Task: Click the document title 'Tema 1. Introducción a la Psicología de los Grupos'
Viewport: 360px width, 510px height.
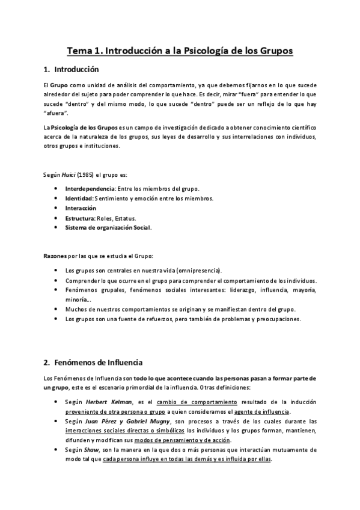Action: coord(180,51)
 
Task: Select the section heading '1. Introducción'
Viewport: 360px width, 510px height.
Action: coord(75,70)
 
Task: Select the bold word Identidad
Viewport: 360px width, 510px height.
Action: coord(79,198)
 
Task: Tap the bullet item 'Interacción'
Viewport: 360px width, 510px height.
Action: coord(81,208)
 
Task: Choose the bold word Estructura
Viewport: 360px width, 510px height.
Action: coord(80,218)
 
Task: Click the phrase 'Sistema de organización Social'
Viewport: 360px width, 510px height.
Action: coord(108,227)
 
